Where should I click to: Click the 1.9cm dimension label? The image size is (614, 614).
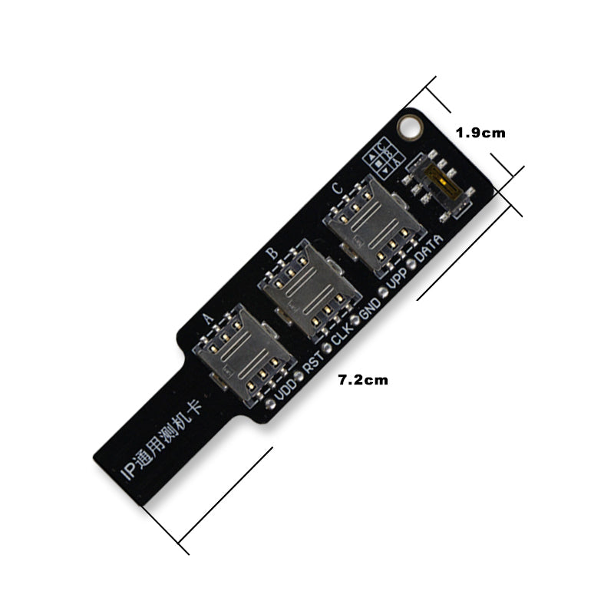(480, 132)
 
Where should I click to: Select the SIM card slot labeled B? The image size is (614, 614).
(309, 288)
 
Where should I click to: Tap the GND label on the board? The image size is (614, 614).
(370, 305)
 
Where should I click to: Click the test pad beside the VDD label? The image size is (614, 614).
(271, 401)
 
